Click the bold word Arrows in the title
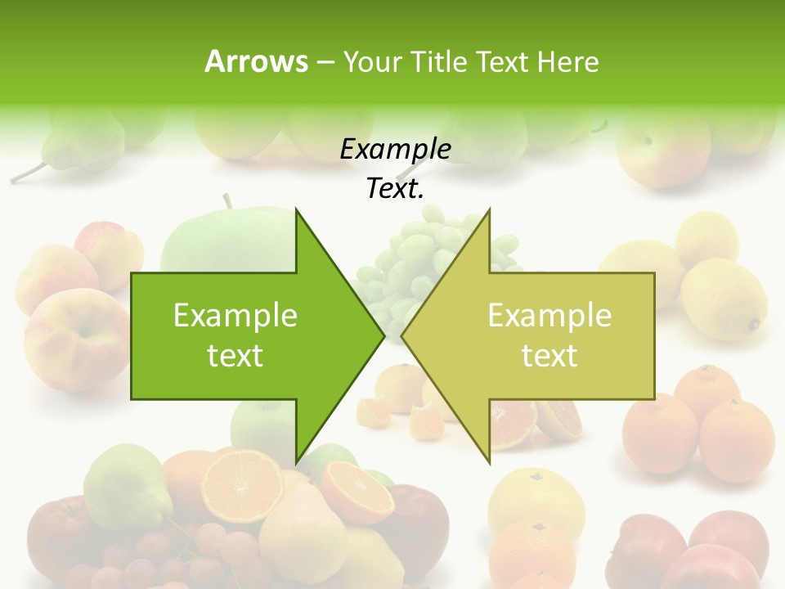pos(256,61)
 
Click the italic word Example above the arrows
pos(395,150)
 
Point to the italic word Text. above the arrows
pos(395,189)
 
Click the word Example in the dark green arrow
pos(235,316)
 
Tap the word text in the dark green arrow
pos(235,356)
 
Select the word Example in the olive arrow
pos(549,316)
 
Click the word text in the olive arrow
pos(549,356)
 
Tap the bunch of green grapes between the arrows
pos(409,254)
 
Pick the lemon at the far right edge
pos(724,299)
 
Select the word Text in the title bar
pos(500,61)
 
